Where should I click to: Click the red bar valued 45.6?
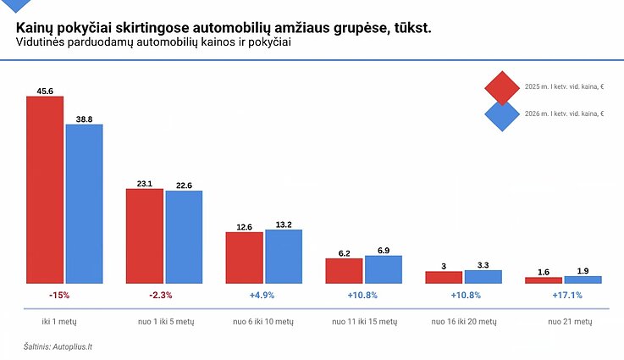45,190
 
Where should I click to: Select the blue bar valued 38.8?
84,203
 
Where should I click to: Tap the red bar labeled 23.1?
145,235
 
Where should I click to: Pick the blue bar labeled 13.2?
284,256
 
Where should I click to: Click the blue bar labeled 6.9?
384,269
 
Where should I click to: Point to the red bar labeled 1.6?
544,280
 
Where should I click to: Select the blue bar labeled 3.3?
483,277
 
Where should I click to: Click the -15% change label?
58,296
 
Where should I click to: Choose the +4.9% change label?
262,296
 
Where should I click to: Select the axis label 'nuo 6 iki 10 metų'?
263,323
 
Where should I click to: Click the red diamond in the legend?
501,87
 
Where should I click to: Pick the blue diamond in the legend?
501,114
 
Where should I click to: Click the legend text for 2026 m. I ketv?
564,114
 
